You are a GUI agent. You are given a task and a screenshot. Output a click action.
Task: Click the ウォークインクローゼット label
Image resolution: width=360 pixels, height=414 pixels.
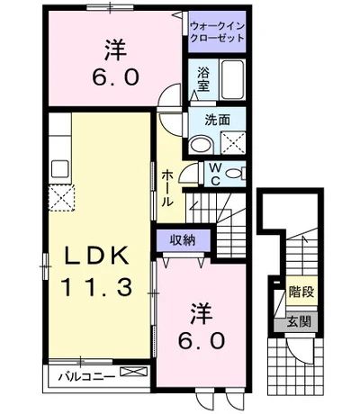217,32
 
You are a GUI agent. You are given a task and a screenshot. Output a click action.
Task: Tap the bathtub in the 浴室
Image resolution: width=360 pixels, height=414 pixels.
232,79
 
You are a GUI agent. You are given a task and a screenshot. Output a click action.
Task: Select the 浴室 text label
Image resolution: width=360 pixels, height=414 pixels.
203,79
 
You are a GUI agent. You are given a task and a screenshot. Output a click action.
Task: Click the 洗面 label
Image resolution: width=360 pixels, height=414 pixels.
218,120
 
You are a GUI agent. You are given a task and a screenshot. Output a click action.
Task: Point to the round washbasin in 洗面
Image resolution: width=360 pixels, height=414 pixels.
202,145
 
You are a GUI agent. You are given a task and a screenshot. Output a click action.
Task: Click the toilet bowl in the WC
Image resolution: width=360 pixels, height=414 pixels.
233,173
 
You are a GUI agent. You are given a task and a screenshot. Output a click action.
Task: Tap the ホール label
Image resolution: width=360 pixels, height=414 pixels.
167,188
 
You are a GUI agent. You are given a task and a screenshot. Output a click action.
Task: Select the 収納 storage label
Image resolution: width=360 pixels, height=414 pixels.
183,240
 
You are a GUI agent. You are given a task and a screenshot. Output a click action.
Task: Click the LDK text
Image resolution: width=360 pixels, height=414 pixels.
97,255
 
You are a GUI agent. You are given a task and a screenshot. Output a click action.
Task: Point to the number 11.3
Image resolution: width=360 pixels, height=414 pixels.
96,287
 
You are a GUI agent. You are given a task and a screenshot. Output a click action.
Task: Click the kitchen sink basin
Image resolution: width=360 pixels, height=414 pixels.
60,169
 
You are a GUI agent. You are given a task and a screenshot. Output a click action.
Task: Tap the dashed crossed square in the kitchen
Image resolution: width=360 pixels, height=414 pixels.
61,198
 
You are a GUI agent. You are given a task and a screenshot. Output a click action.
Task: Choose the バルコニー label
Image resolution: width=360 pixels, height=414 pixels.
86,376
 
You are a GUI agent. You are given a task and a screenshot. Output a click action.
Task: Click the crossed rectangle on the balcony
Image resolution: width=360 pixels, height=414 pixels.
134,372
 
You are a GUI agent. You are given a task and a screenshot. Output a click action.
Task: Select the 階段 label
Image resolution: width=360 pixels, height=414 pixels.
301,292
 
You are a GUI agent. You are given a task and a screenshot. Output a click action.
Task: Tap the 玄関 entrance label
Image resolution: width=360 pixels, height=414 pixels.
299,322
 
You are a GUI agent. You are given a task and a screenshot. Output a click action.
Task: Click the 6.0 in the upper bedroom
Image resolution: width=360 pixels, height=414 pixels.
115,76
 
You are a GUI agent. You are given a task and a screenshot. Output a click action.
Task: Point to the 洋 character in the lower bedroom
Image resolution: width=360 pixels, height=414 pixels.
202,313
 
